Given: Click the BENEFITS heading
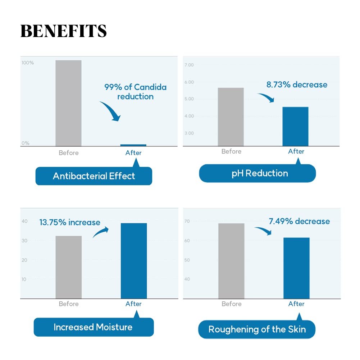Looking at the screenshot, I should [63, 31].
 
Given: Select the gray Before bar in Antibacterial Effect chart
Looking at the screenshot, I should [68, 103].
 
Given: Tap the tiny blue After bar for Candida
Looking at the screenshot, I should [133, 145].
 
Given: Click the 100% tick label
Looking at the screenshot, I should [28, 63].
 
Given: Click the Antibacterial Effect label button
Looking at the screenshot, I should [94, 176].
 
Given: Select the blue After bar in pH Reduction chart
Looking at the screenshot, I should [295, 126].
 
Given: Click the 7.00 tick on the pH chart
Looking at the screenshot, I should [189, 65].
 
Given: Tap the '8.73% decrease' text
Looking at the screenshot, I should [297, 85].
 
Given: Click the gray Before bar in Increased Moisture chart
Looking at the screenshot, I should [68, 267].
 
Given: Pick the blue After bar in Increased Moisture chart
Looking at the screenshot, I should [133, 260].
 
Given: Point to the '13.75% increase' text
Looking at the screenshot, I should [70, 223].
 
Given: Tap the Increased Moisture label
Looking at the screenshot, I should [93, 327].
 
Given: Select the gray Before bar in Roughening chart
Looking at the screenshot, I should [231, 261].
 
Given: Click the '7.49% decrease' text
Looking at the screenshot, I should [299, 221].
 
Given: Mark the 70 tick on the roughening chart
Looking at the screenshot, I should [187, 221].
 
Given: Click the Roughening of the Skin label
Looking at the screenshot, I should [257, 329].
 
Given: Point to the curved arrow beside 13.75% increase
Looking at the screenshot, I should [101, 232].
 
